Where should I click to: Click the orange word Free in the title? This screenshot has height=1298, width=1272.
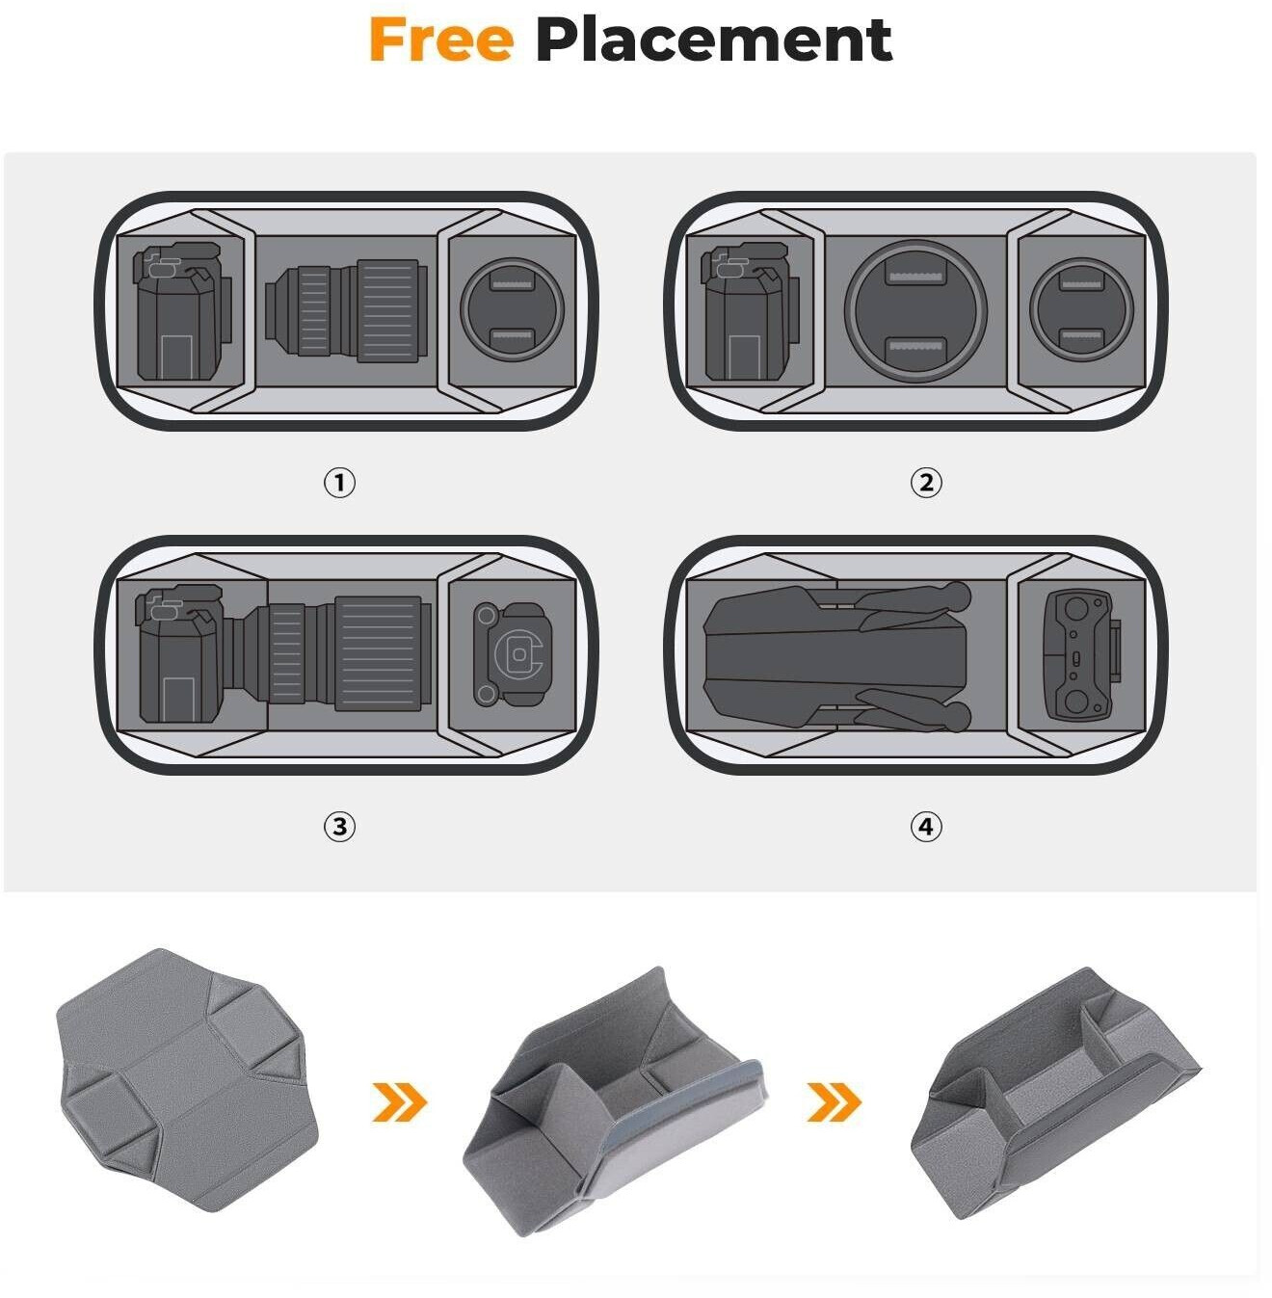coord(441,40)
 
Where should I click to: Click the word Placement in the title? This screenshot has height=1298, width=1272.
coord(713,40)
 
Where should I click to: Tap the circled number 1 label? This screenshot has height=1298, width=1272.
coord(339,482)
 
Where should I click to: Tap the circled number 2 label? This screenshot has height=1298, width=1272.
coord(926,482)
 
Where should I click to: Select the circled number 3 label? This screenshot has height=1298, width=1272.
coord(339,826)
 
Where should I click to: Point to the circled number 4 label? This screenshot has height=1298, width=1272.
coord(926,826)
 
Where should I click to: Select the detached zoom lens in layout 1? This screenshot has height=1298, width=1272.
coord(346,310)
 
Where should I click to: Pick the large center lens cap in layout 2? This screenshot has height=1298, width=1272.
coord(915,309)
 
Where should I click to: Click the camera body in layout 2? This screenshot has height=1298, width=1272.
coord(751,311)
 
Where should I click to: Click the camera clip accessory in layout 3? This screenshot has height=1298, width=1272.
coord(512,654)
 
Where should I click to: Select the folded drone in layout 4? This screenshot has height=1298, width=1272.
coord(836,657)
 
